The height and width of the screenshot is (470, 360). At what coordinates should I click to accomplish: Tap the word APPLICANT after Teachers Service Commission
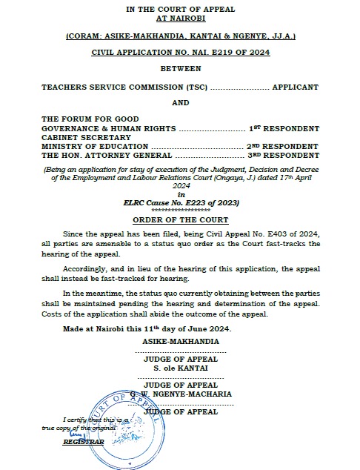(295, 87)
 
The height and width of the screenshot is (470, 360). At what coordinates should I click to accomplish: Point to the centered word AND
(180, 103)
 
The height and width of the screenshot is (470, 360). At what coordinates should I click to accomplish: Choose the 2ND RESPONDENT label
(282, 146)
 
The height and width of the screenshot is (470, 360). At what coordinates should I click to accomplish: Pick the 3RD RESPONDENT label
(282, 156)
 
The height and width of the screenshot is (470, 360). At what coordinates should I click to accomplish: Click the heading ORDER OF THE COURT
(180, 220)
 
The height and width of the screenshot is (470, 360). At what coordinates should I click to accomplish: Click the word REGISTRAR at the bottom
(79, 441)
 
